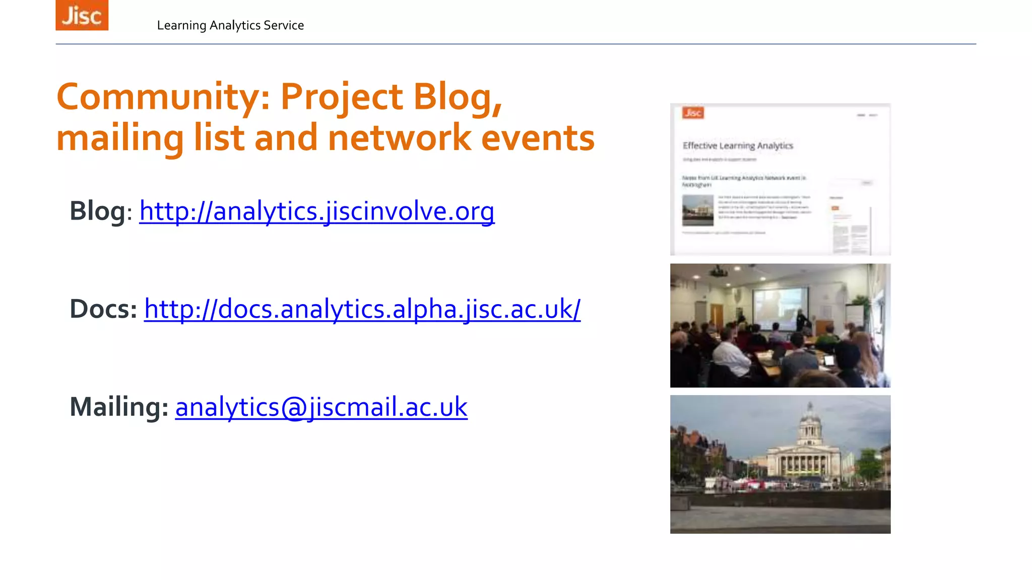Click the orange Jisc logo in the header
(82, 15)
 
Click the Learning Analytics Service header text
(230, 25)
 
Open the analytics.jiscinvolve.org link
(316, 211)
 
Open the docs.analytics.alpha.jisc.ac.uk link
(362, 309)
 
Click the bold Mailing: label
(119, 407)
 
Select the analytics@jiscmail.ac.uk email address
(321, 407)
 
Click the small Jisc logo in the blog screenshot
(693, 113)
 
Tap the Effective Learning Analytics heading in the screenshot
(738, 146)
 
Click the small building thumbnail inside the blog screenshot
(697, 210)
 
